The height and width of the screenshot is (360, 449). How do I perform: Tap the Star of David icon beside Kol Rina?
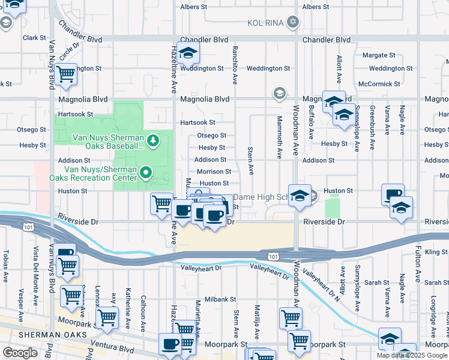(293, 23)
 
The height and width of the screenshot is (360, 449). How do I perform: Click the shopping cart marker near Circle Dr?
(66, 74)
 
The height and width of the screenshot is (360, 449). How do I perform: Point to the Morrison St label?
(214, 172)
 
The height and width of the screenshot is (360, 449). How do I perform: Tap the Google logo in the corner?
(20, 352)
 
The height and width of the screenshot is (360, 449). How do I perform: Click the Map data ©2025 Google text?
(412, 355)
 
